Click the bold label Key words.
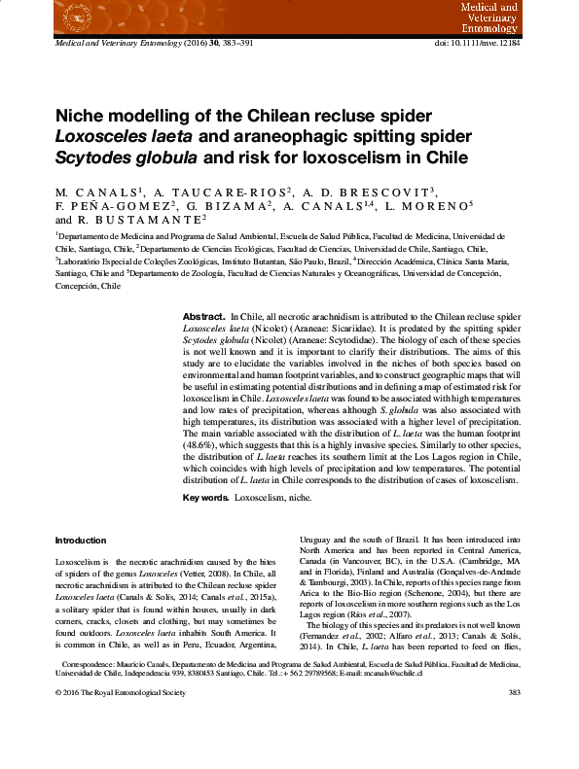(206, 498)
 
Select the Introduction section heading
(81, 541)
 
